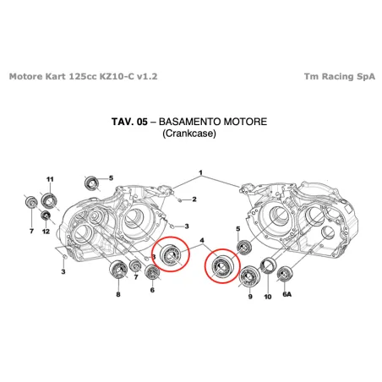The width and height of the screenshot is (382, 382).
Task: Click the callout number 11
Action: (50, 179)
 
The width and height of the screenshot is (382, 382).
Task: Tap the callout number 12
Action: (46, 232)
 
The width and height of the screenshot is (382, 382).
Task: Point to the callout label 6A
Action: (286, 294)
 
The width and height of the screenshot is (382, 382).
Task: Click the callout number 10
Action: (267, 297)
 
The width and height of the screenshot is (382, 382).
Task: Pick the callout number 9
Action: (250, 297)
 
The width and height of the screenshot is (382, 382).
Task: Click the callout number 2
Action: (194, 199)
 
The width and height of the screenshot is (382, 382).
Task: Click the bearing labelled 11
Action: (49, 200)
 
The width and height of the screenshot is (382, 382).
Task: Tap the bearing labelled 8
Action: (118, 273)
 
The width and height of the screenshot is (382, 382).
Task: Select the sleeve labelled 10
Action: (270, 268)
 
